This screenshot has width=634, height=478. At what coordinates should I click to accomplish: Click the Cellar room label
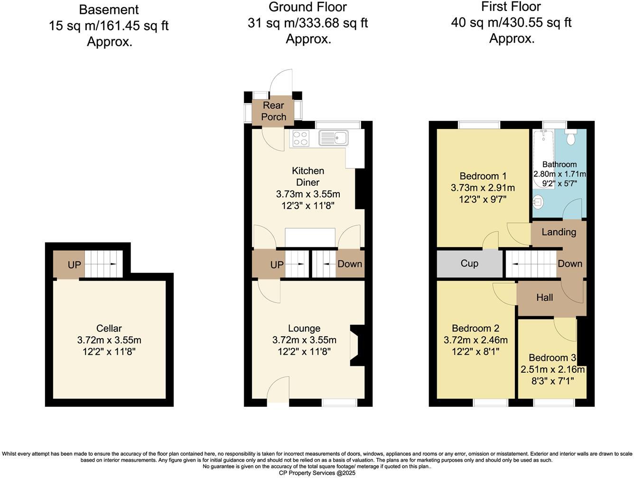tap(109, 328)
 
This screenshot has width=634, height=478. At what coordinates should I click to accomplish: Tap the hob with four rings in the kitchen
tap(300, 138)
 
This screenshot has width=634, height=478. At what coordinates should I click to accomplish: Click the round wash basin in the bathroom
tap(538, 202)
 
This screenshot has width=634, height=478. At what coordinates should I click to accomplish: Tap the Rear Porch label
tap(274, 111)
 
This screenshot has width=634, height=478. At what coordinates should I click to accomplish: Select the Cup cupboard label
tap(469, 263)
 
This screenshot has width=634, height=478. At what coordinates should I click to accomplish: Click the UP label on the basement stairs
tap(74, 265)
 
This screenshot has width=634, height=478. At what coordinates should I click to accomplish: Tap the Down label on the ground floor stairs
tap(350, 264)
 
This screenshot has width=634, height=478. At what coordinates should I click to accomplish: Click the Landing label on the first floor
tap(559, 232)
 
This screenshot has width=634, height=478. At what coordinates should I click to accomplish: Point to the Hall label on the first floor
tap(544, 298)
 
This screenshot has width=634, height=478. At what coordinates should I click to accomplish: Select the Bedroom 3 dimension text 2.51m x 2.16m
tap(552, 369)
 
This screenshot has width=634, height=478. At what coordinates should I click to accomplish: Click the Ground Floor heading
tap(308, 7)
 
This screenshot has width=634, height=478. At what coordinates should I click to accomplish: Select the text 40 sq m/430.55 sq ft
tap(511, 22)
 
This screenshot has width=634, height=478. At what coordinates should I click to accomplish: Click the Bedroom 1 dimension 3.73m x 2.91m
tap(482, 188)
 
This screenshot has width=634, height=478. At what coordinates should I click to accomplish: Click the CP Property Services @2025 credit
tap(317, 473)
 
